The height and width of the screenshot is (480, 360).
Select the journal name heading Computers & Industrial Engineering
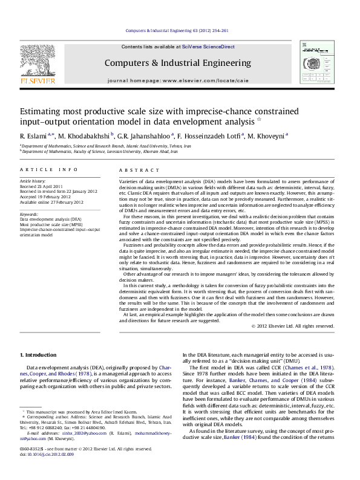tap(179, 63)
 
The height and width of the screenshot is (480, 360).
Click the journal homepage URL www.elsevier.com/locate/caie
tap(198, 80)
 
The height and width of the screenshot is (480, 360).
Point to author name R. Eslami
tap(35, 135)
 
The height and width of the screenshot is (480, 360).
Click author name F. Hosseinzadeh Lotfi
tap(211, 135)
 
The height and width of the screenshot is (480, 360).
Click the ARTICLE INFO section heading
tap(48, 170)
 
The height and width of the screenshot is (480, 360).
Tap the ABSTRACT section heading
tap(134, 170)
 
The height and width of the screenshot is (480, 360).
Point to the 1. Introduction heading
tap(39, 354)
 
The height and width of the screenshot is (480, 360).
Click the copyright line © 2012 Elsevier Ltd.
tap(293, 326)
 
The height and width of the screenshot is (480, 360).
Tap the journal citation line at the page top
tap(179, 30)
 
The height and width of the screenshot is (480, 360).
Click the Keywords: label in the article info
tap(30, 215)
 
